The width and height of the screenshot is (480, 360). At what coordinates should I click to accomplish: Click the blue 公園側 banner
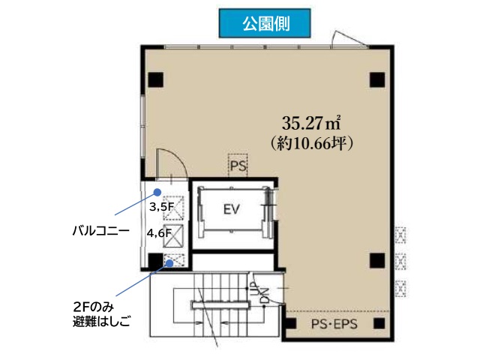265,23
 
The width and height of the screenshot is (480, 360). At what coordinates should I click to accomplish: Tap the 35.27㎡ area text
312,123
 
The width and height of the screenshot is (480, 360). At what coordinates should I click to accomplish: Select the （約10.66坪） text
312,143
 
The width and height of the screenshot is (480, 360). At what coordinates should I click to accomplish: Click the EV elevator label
232,209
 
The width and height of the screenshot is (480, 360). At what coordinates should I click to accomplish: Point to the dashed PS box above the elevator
238,165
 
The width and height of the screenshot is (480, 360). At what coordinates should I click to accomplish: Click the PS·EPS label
334,324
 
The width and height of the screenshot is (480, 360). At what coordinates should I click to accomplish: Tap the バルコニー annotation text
101,231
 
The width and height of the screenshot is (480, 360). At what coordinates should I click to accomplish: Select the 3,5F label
162,207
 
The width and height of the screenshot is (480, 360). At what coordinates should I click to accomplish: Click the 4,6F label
159,233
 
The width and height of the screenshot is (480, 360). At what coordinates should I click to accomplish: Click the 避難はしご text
102,322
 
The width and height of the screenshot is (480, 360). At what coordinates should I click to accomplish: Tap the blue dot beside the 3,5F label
157,192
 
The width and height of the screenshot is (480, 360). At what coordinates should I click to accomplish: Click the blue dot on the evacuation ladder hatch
169,263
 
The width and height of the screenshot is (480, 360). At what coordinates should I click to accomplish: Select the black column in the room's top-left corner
156,79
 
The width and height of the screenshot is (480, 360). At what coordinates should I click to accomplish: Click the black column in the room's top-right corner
377,80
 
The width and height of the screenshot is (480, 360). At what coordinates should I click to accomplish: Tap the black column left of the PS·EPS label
291,323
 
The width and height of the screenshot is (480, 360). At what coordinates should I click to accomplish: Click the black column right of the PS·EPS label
379,323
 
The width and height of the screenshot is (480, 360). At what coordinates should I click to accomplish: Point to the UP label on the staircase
255,289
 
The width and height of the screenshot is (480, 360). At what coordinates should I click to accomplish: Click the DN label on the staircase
265,295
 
